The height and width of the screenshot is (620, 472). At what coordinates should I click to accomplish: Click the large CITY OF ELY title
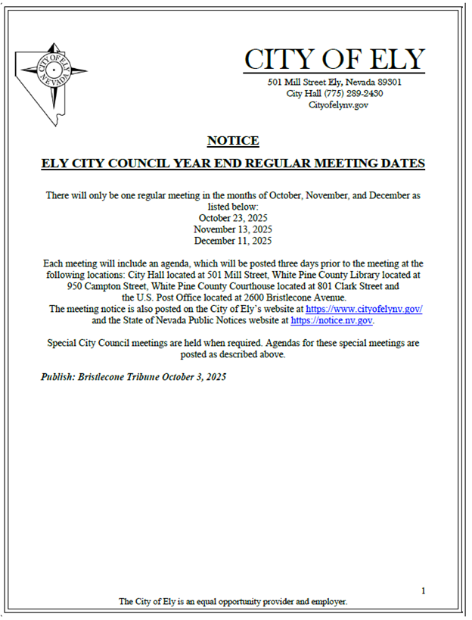pyautogui.click(x=334, y=58)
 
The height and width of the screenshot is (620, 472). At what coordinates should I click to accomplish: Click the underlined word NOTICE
pyautogui.click(x=233, y=141)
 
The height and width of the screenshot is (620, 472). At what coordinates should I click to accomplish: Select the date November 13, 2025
pyautogui.click(x=233, y=229)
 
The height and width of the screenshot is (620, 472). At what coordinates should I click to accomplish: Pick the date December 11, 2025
pyautogui.click(x=233, y=241)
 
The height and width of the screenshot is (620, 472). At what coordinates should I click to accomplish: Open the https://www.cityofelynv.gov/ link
pyautogui.click(x=364, y=309)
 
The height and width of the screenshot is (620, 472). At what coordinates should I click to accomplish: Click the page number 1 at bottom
pyautogui.click(x=424, y=590)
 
